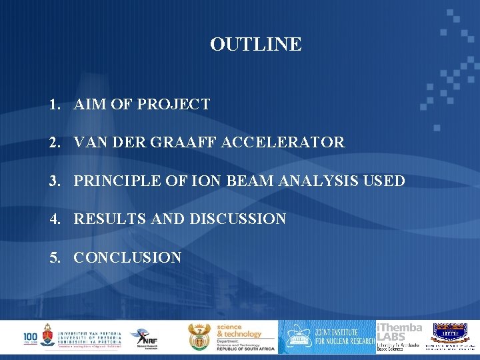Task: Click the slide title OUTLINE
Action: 255,45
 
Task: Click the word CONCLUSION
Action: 127,257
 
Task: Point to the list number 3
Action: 53,181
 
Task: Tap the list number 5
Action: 53,257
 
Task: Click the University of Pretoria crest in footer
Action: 48,335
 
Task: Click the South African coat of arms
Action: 199,337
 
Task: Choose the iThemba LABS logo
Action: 399,337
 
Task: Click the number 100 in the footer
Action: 31,337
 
